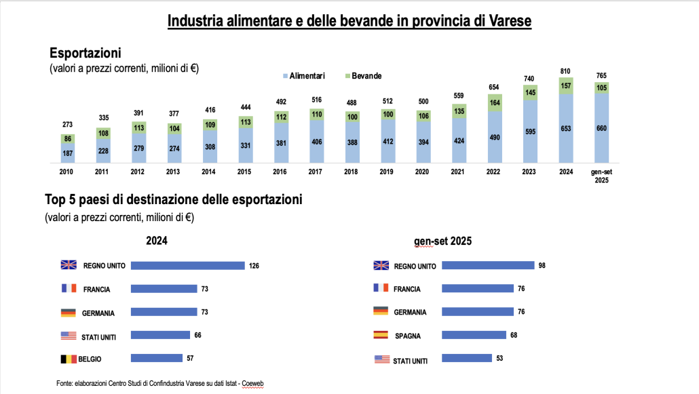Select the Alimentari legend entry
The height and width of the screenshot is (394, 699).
303,76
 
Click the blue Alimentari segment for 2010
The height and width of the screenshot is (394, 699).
67,153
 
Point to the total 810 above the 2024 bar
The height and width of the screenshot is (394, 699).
565,71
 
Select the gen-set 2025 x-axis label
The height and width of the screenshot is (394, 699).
600,176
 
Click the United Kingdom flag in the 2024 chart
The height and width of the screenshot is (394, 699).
69,264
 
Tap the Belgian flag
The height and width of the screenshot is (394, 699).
69,358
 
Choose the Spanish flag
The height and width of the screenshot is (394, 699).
381,335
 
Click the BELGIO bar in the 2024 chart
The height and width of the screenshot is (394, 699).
156,358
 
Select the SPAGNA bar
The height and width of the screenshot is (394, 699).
474,335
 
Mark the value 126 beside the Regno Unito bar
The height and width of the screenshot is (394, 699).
254,265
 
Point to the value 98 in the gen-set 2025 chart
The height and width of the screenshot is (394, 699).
542,265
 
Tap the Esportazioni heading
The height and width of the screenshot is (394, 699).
86,52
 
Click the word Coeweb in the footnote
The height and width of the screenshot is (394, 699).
253,383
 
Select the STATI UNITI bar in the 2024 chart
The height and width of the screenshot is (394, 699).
159,335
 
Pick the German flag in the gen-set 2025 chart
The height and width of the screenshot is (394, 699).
381,311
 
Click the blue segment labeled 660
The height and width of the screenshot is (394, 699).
601,129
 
